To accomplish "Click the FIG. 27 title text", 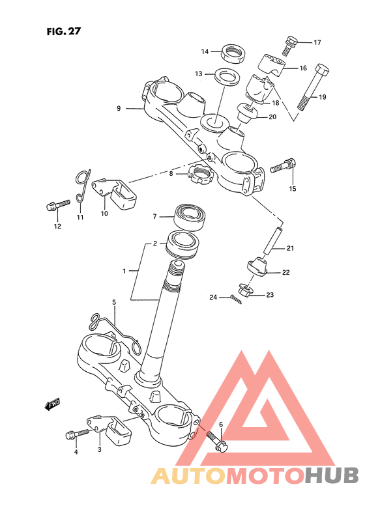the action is (x=63, y=31).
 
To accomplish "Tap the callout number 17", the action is (x=317, y=42).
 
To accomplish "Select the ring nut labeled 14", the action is (x=233, y=53).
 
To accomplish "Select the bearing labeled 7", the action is (x=190, y=217).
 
